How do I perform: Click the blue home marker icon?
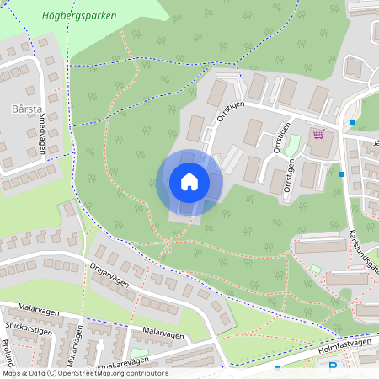pyautogui.click(x=189, y=182)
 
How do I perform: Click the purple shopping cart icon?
pyautogui.click(x=318, y=133)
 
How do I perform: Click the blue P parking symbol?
pyautogui.click(x=333, y=367)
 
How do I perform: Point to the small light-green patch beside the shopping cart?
pyautogui.click(x=291, y=144)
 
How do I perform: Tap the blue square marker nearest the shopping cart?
pyautogui.click(x=351, y=122)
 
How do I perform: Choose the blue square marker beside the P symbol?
pyautogui.click(x=276, y=368)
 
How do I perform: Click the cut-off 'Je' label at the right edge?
pyautogui.click(x=375, y=143)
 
